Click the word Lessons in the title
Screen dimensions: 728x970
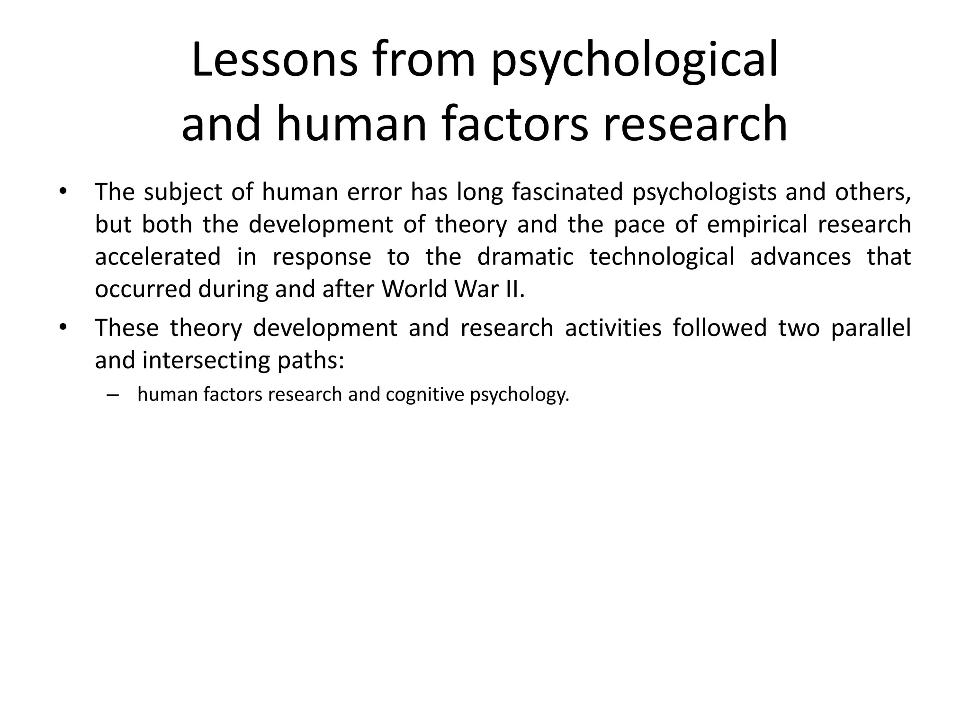coord(274,60)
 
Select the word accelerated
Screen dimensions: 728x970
coord(158,256)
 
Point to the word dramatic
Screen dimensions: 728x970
coord(525,256)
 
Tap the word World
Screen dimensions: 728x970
coord(415,289)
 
